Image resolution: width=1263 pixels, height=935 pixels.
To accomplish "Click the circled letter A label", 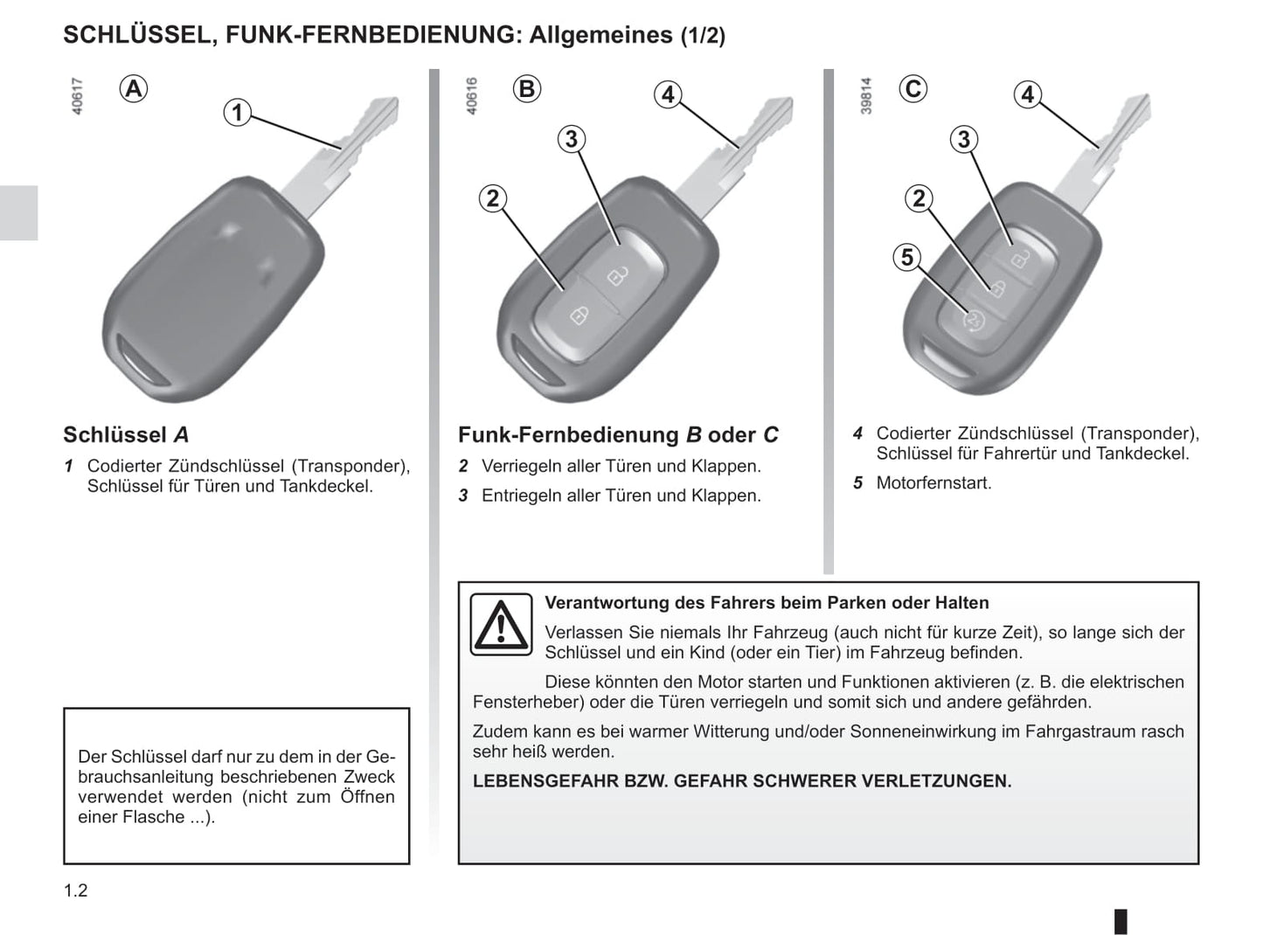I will [x=134, y=89].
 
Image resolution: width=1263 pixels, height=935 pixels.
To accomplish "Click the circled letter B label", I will [x=527, y=89].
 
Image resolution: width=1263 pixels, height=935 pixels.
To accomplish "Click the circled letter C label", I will [x=913, y=89].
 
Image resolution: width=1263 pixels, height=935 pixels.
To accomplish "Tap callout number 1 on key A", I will [x=237, y=113].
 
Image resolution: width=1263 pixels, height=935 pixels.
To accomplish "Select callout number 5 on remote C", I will [x=907, y=257].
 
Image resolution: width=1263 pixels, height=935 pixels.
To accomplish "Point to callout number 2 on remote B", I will [x=493, y=198].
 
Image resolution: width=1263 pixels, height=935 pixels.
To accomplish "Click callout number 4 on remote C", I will [x=1028, y=94].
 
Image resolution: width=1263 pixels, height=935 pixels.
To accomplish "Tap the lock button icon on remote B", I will [x=579, y=315].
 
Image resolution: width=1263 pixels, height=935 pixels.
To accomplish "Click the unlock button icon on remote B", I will [x=616, y=275].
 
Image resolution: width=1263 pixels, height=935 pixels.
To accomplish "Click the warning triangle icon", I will [x=501, y=624].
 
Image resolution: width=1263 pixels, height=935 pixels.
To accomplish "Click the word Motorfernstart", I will [x=933, y=483].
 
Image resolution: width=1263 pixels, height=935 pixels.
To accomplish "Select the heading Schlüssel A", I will [x=126, y=434].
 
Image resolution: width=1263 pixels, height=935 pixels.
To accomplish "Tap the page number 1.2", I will [x=76, y=890].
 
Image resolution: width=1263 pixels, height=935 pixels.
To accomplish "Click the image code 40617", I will [x=77, y=96].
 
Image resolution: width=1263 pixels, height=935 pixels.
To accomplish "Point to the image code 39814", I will [x=866, y=96].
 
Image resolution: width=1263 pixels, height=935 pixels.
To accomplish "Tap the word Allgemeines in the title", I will [x=600, y=35].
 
